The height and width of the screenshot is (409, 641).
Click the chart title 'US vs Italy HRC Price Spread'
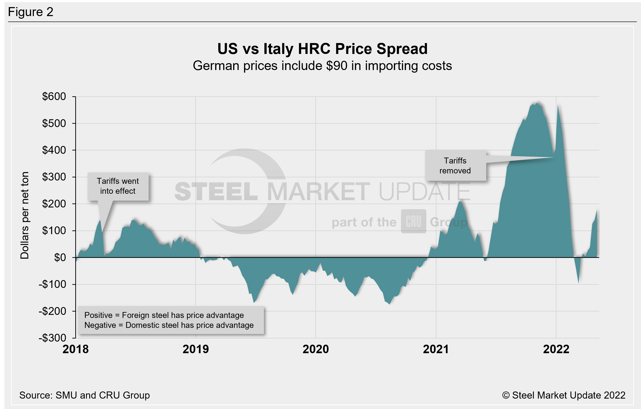[322, 49]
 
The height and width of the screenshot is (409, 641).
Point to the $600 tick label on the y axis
[54, 96]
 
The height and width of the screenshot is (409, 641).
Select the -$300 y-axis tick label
[53, 338]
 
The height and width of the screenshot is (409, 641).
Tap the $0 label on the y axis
[60, 258]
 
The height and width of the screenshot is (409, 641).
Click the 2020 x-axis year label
[316, 349]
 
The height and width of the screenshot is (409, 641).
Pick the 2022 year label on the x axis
[556, 349]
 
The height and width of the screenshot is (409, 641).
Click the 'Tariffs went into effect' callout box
[118, 186]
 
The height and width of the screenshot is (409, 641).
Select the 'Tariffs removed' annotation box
[455, 166]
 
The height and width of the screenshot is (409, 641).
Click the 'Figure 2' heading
[31, 12]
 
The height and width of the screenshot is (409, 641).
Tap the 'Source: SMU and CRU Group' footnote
[84, 395]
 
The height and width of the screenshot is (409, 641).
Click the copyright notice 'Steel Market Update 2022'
[564, 395]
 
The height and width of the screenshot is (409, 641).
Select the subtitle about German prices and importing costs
[322, 66]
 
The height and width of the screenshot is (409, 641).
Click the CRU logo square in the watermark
[413, 221]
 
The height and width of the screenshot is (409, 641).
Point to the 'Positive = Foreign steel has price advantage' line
[164, 315]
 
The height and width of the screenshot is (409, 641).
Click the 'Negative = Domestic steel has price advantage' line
[169, 325]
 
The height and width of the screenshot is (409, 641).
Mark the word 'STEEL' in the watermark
[216, 192]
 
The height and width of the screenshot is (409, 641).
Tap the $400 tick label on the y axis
[54, 150]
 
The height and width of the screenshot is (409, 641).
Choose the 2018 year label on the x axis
[76, 349]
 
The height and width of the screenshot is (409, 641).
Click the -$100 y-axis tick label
[53, 285]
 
